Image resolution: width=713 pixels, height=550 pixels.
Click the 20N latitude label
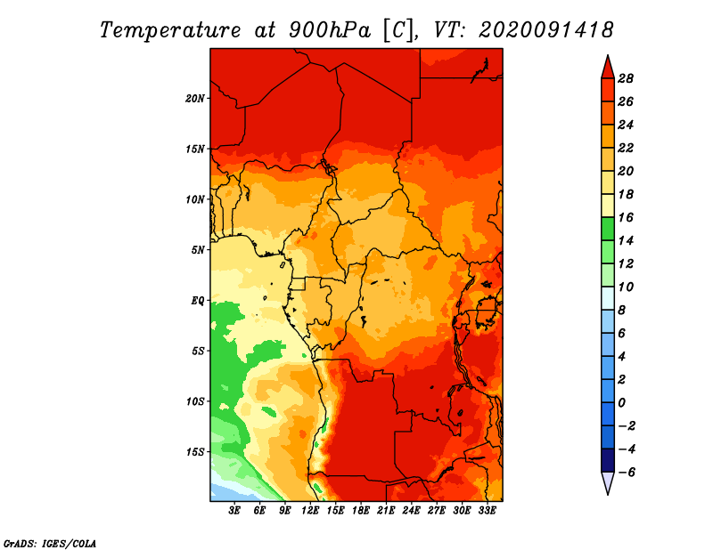point(194,98)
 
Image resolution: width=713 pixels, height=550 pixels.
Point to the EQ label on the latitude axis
point(198,300)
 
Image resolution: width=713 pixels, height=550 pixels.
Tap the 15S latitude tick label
point(194,452)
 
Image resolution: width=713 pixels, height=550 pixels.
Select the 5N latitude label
point(198,250)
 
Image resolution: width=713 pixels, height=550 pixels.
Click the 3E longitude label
point(234,511)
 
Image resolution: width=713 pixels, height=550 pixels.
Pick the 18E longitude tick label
point(361,511)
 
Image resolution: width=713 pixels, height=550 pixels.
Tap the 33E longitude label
point(487,511)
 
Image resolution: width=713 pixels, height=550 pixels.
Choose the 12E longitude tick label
point(310,511)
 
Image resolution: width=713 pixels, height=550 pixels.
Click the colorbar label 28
point(626,78)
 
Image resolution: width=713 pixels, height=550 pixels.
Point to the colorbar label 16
point(626,217)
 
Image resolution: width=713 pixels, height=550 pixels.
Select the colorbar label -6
point(627,473)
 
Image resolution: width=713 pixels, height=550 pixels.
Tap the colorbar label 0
point(621,403)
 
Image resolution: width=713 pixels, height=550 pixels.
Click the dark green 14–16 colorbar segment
point(608,229)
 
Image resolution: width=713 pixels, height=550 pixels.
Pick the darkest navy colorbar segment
point(608,460)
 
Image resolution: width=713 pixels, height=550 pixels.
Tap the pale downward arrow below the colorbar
point(608,482)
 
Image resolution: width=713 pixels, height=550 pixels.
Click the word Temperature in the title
point(170,30)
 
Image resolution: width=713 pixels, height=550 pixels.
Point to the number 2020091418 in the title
point(546,30)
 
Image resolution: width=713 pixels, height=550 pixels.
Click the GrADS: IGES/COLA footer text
point(50,543)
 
